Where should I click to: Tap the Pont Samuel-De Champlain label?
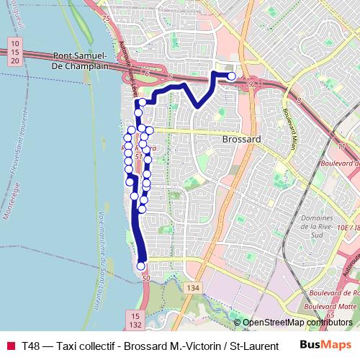click(81, 60)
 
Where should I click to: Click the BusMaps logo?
click(325, 346)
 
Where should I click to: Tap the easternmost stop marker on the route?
click(231, 76)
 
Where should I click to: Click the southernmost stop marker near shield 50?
click(140, 266)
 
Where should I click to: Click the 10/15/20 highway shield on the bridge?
click(14, 53)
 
